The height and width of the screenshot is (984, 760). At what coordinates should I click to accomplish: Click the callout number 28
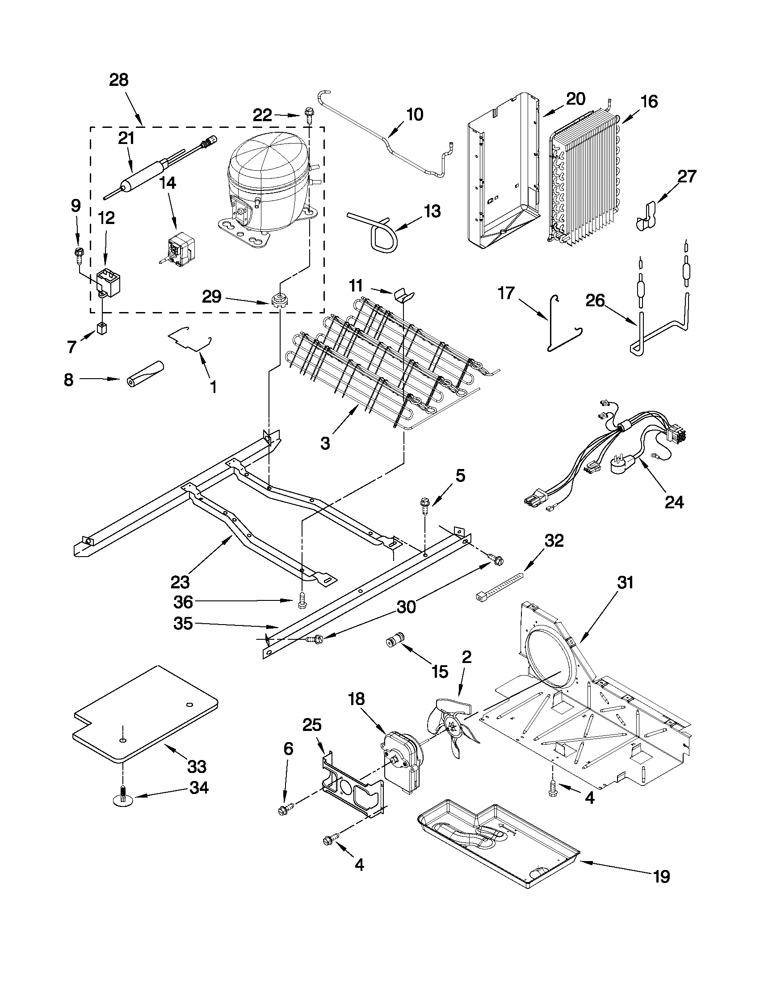click(x=119, y=80)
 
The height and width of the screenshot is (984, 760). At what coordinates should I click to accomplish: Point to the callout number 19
click(x=661, y=876)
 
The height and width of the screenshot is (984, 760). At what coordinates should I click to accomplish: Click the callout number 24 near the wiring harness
click(x=674, y=502)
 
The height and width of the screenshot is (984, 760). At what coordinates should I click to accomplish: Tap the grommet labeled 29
click(x=279, y=299)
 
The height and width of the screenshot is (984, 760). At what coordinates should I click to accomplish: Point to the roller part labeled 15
click(x=396, y=641)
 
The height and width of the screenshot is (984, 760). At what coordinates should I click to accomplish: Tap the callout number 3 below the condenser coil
click(x=325, y=443)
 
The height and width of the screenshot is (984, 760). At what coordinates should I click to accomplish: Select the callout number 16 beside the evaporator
click(x=649, y=102)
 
